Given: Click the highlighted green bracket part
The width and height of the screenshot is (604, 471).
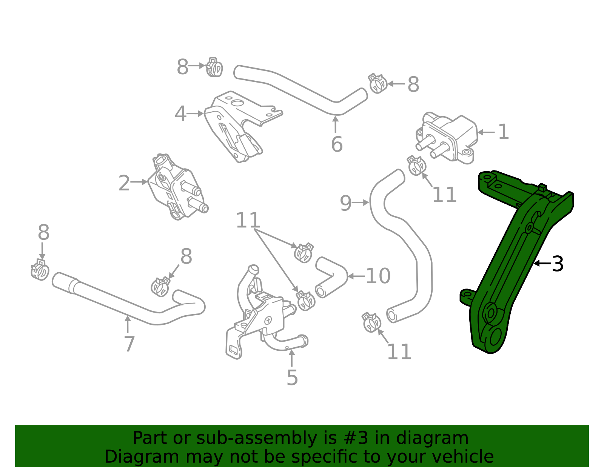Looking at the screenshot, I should (x=513, y=264).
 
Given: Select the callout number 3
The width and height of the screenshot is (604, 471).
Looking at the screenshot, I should (x=558, y=264).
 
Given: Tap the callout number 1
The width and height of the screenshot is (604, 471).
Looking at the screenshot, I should (x=503, y=132).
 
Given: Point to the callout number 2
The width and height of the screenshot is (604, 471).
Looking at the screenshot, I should (x=124, y=184).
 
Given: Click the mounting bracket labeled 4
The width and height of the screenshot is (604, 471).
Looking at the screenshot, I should (x=238, y=124).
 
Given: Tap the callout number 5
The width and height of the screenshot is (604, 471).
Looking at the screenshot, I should (x=292, y=377).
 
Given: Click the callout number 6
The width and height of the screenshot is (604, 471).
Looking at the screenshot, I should (x=336, y=144).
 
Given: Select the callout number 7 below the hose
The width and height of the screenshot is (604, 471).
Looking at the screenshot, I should (x=129, y=344).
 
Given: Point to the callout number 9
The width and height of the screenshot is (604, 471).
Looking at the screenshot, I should (x=345, y=203).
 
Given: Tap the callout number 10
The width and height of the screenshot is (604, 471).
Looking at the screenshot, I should (x=378, y=276).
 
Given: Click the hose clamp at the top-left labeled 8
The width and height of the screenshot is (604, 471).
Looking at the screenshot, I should (x=214, y=68).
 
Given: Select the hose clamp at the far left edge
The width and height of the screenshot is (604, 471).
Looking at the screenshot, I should (x=40, y=270).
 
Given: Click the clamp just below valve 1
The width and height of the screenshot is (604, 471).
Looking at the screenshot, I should (x=416, y=166).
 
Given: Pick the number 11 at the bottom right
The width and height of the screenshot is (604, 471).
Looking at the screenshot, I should (x=399, y=352).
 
